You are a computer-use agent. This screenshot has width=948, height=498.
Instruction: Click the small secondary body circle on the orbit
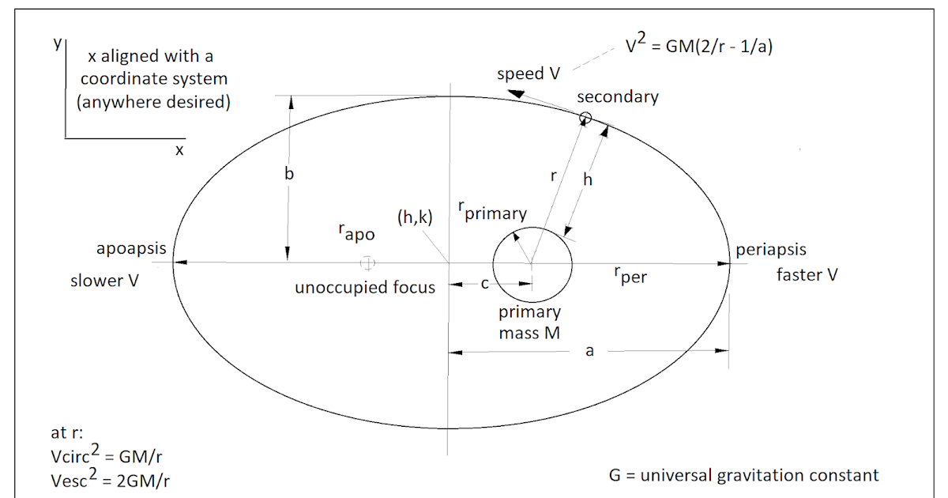pos(585,118)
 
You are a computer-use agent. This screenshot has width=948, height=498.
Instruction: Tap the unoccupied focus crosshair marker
pos(367,262)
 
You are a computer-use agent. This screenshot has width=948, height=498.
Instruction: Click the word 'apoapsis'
pos(131,250)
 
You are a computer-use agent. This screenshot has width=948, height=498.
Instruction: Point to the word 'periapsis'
pos(771,250)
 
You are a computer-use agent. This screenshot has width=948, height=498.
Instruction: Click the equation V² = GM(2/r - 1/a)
pos(698,47)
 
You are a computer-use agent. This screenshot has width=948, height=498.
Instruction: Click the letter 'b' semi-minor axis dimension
pos(289,174)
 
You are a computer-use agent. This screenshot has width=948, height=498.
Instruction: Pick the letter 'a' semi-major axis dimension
pos(589,352)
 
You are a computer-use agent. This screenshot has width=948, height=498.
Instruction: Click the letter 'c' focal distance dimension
pos(486,285)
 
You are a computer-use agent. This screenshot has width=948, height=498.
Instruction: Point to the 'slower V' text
pos(105,281)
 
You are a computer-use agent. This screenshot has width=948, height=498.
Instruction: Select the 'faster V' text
pos(807,274)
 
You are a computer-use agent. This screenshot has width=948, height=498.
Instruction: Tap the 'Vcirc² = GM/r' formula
pos(107,456)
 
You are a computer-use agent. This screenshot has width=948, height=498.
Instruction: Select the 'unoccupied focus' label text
pos(364,288)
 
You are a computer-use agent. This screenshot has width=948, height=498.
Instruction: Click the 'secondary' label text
pos(617,97)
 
